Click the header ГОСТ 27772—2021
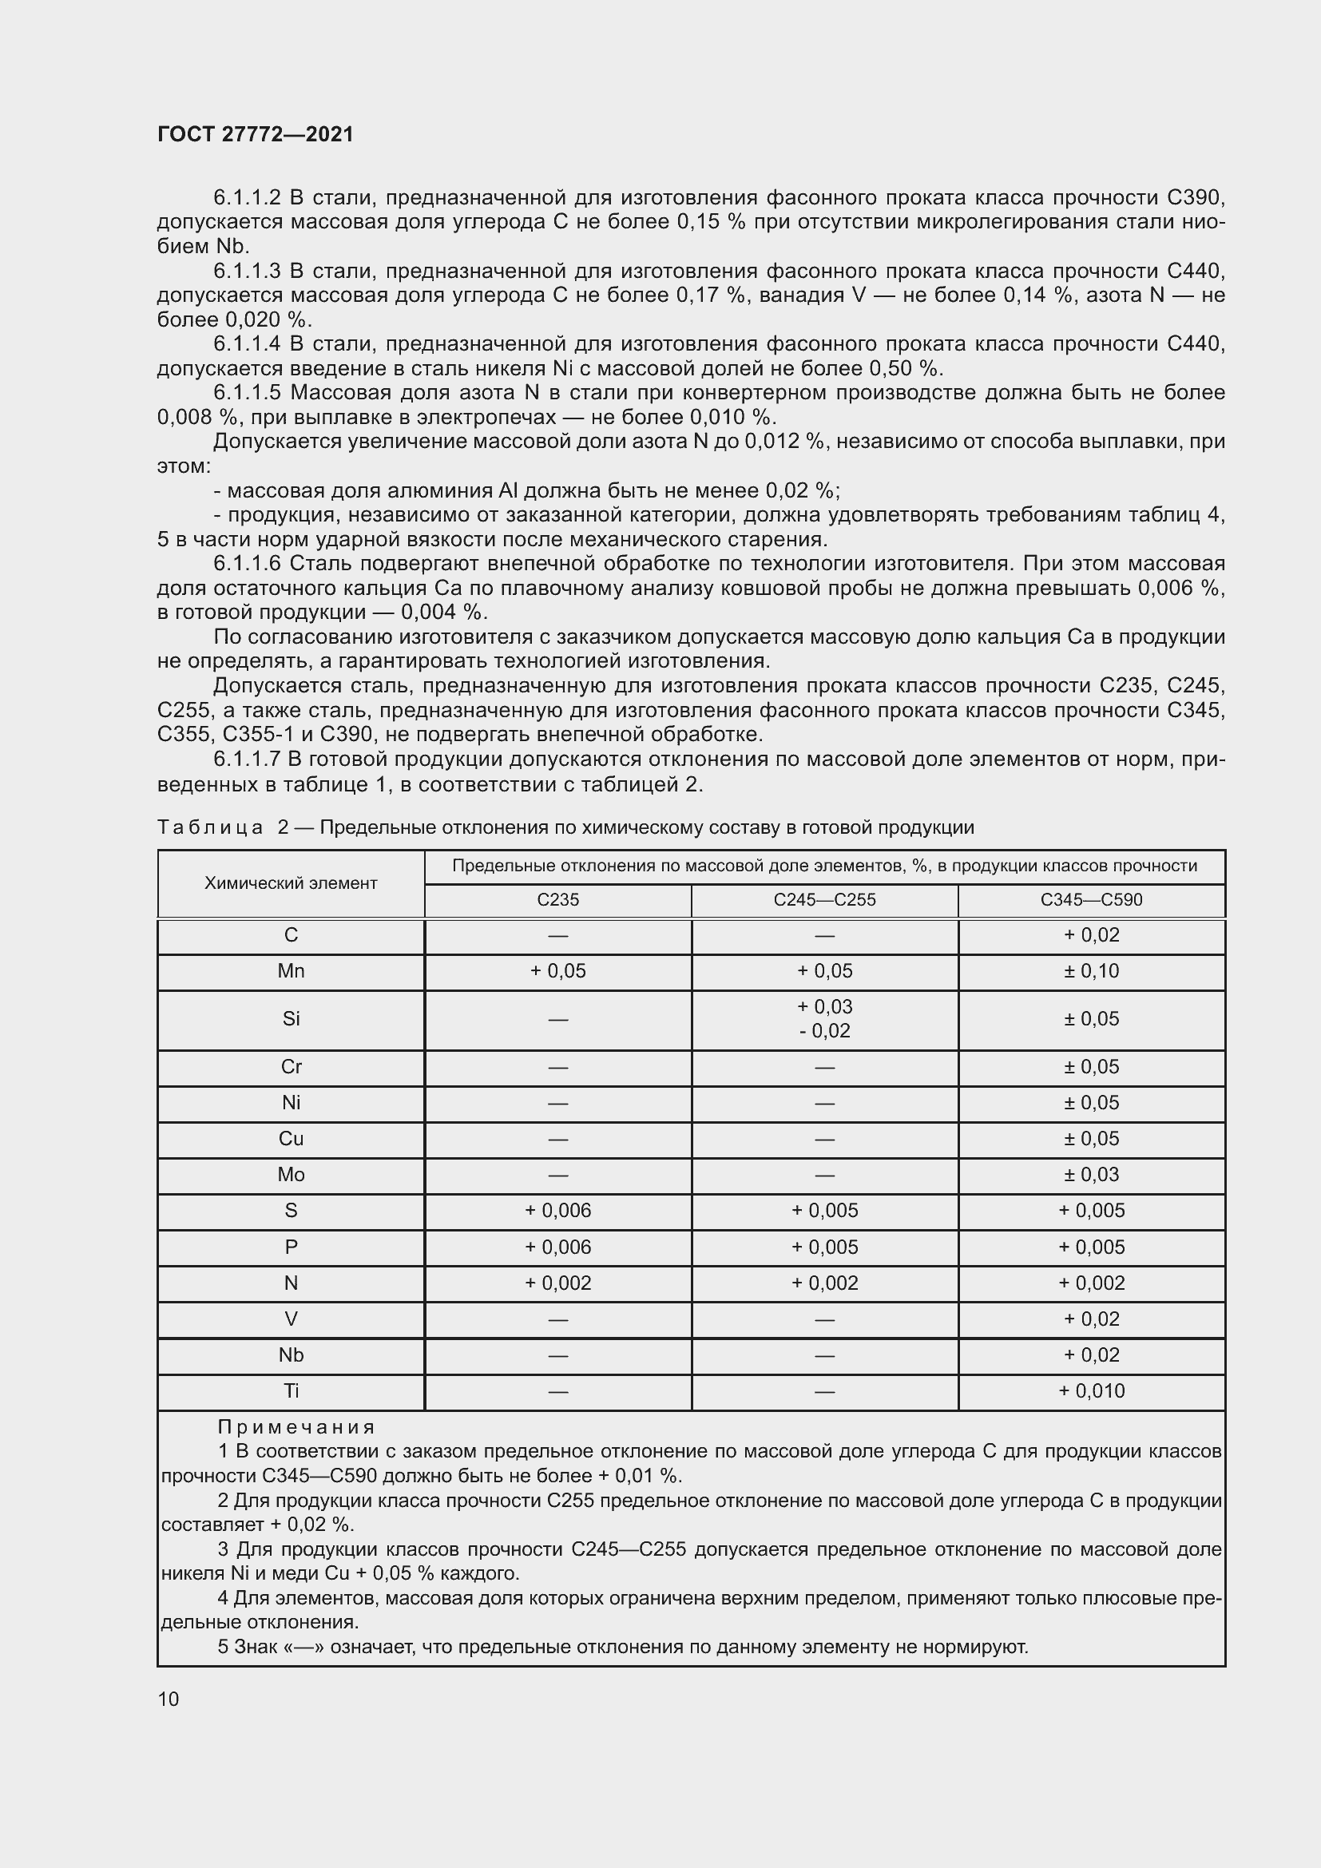tap(256, 135)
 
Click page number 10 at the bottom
tap(169, 1699)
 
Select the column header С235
tap(558, 900)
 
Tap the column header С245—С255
tap(825, 900)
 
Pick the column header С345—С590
tap(1092, 900)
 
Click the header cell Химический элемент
tap(291, 882)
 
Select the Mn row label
tap(291, 970)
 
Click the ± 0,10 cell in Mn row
tap(1092, 970)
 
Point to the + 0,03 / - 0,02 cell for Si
tap(825, 1018)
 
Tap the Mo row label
tap(291, 1174)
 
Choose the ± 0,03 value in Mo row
tap(1092, 1174)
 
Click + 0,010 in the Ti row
tap(1092, 1390)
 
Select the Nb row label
tap(291, 1354)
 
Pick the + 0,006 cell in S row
tap(558, 1210)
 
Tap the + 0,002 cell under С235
tap(558, 1283)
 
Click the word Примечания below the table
tap(296, 1427)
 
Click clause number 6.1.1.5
tap(247, 393)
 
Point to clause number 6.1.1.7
tap(247, 759)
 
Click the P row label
tap(291, 1247)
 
